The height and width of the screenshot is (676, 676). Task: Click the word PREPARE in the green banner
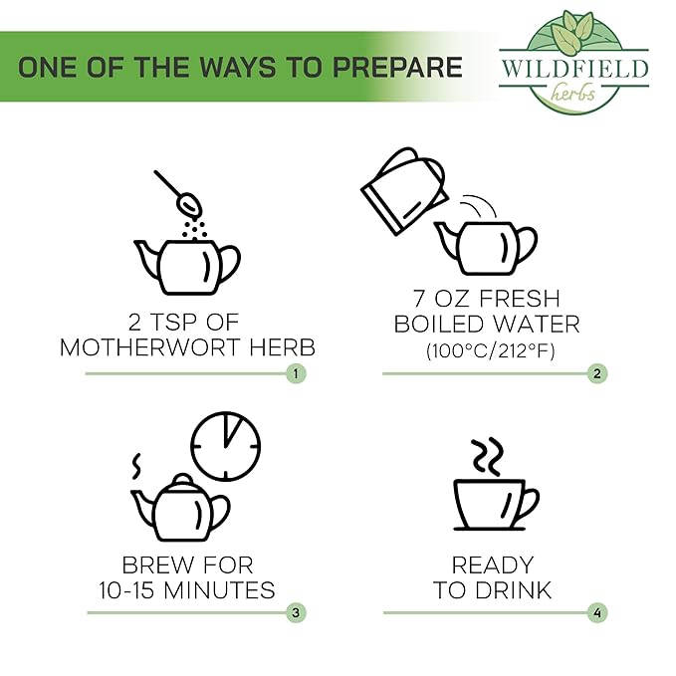397,68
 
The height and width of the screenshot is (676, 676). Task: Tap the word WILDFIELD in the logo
574,69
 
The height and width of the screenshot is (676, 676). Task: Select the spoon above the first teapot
179,193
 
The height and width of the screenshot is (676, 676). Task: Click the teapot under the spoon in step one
187,267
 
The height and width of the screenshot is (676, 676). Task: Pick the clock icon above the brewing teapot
226,446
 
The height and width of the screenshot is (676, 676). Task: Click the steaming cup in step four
496,505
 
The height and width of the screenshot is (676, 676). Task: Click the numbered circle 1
296,373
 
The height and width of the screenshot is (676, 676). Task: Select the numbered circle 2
597,373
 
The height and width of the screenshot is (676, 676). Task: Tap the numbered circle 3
296,612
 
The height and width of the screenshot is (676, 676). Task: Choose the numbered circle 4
597,612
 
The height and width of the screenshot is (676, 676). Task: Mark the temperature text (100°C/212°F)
490,350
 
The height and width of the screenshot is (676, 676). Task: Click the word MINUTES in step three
219,590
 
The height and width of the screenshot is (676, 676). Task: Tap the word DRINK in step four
515,590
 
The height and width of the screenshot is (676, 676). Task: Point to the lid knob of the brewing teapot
183,479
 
